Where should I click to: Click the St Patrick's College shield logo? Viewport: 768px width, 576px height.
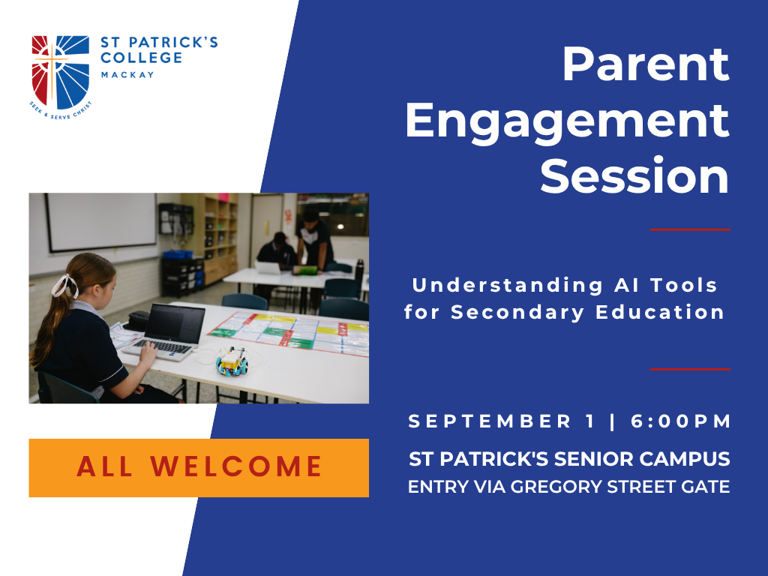click(x=61, y=73)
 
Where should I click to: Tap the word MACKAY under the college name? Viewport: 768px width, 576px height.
click(x=127, y=75)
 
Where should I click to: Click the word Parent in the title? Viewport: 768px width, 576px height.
click(x=646, y=64)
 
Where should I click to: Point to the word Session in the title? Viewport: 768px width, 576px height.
click(x=634, y=176)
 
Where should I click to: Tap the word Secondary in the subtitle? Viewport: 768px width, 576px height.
click(x=517, y=313)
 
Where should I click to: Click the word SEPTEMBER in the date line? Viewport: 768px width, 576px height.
click(x=490, y=421)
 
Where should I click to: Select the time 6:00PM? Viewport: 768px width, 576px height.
click(x=681, y=421)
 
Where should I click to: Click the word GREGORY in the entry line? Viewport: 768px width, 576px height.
click(x=556, y=487)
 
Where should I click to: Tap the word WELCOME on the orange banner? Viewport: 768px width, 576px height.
click(x=236, y=466)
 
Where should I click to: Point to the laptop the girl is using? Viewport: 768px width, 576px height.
click(x=166, y=332)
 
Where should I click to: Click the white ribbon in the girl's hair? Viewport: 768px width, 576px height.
click(x=64, y=286)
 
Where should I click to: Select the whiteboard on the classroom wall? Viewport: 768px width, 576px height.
click(x=101, y=222)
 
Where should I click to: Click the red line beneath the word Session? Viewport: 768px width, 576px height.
click(x=690, y=229)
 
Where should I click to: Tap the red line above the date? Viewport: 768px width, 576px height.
click(x=690, y=369)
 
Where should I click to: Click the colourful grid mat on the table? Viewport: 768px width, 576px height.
click(x=291, y=333)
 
